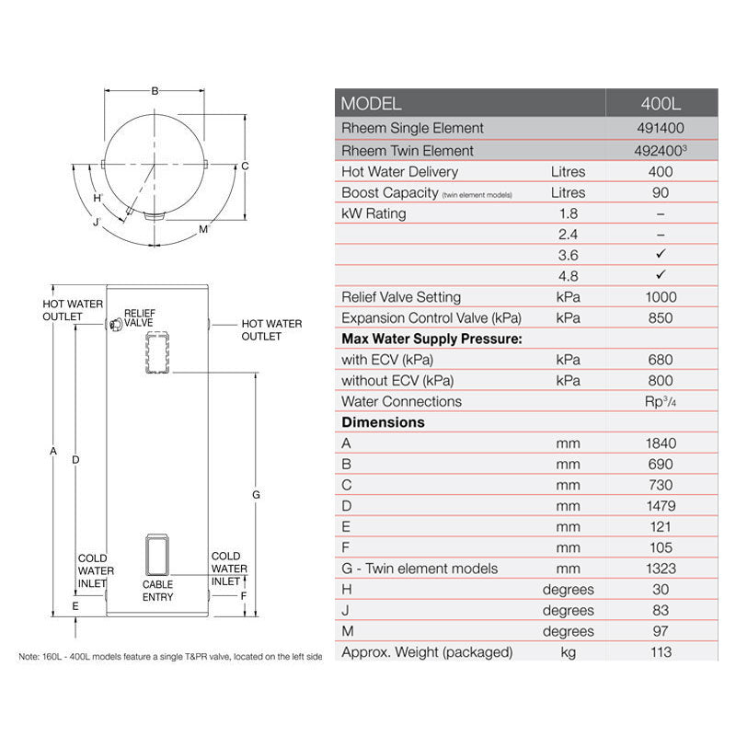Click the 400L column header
coord(661,104)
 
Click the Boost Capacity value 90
coord(661,192)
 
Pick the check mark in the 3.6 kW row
coord(661,255)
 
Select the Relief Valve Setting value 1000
coord(661,297)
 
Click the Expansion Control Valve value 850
coord(661,318)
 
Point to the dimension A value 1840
coord(661,443)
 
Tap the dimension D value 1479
coord(661,506)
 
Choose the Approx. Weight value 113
coord(661,652)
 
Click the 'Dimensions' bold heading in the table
coord(383,422)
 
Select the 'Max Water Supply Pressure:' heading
coord(431,339)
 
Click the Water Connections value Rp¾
coord(661,401)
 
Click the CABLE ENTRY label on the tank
coord(157,591)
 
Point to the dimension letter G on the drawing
coord(256,495)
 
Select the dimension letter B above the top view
coord(155,90)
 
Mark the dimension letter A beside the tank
coord(53,451)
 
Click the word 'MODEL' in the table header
coord(371,104)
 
